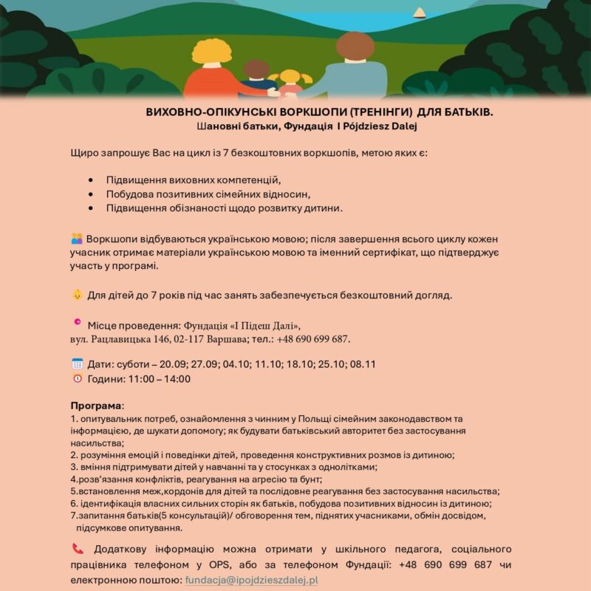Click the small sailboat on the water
point(419,13)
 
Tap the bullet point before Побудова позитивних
point(90,194)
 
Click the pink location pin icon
point(77,323)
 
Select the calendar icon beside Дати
point(77,363)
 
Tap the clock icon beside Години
point(77,379)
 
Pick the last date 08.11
point(363,364)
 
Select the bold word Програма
point(96,406)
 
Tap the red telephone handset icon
point(78,549)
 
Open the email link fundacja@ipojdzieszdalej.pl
point(251,580)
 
